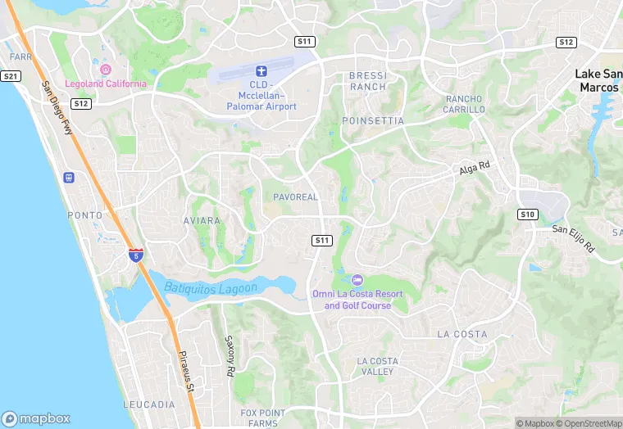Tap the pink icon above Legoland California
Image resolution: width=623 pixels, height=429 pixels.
point(105,69)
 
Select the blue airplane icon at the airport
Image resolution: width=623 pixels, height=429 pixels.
point(261,72)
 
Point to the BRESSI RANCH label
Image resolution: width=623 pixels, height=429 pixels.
point(367,81)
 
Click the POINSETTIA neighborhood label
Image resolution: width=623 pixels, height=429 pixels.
point(374,120)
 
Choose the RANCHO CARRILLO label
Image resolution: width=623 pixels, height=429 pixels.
point(465,104)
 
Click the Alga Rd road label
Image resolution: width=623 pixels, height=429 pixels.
point(473,167)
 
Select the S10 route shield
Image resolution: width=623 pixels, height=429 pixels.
point(528,214)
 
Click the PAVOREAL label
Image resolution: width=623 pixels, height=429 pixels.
point(295,197)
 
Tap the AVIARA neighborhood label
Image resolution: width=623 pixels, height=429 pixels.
point(202,221)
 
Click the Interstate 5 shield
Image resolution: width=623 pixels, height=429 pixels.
point(135,255)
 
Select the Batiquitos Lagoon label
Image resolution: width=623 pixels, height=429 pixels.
point(211,287)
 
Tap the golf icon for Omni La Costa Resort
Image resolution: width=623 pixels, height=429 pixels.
point(357,280)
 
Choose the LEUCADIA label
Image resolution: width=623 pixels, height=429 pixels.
point(149,404)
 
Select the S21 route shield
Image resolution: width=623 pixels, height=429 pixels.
point(10,76)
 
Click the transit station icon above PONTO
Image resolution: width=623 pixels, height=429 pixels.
point(69,178)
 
